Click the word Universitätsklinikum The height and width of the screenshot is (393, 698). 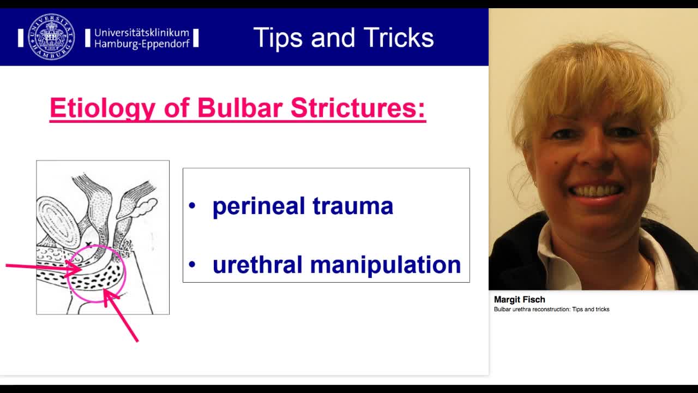141,32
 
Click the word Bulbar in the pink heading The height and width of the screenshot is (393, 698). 239,108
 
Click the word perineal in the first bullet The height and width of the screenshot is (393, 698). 258,206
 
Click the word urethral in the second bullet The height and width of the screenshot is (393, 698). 257,265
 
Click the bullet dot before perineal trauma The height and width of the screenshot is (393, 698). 191,206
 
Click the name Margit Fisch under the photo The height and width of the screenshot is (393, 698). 519,299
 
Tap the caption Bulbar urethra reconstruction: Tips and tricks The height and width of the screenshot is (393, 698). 551,309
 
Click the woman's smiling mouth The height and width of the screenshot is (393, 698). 595,192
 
